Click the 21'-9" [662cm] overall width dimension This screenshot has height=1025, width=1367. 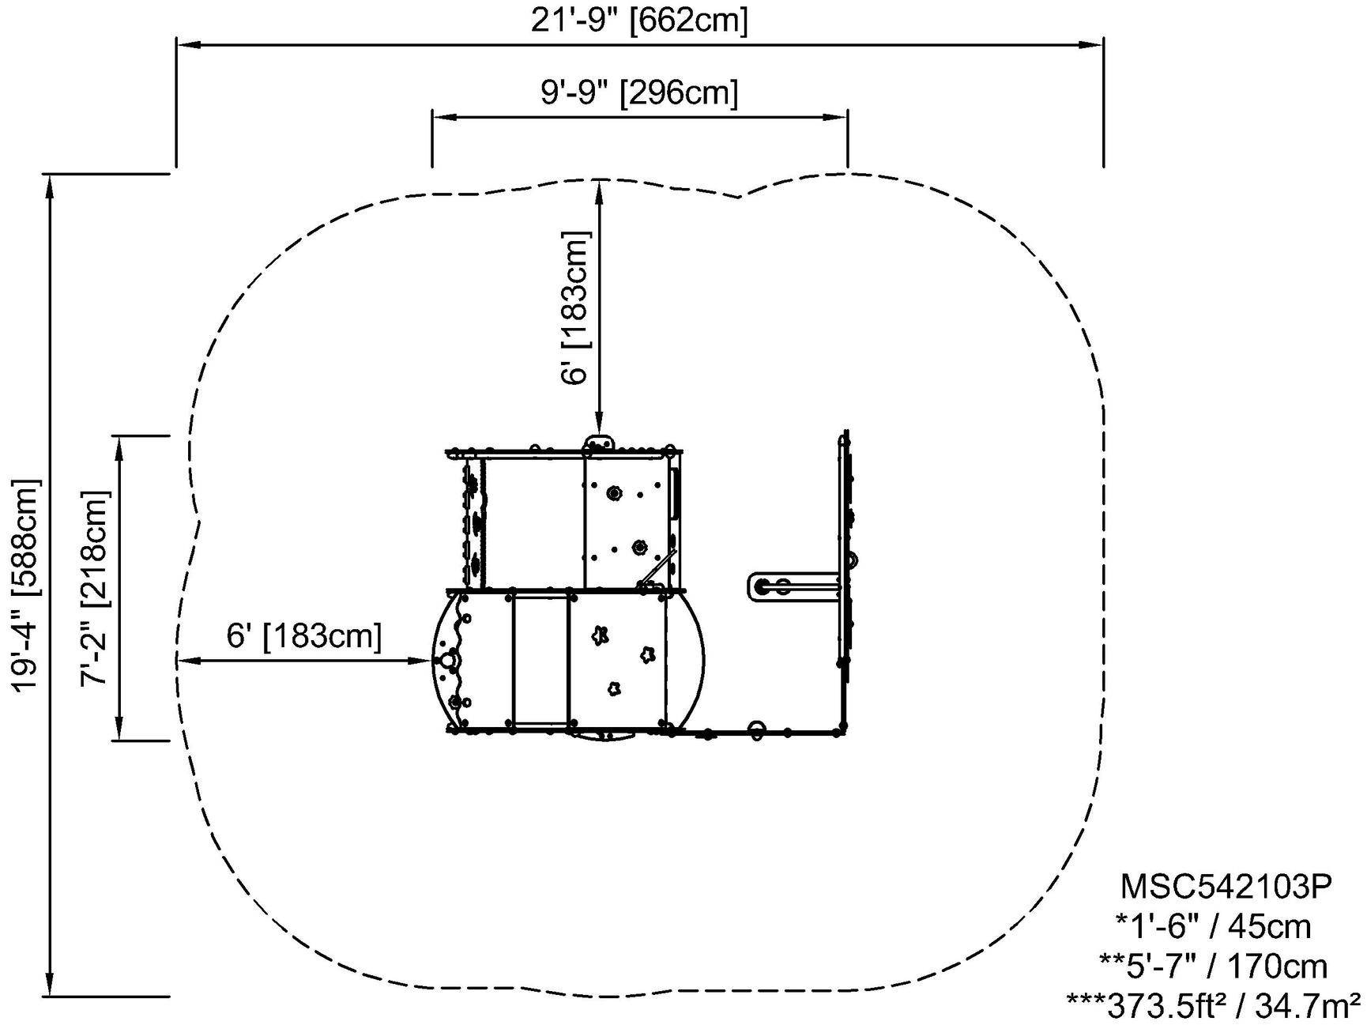point(638,20)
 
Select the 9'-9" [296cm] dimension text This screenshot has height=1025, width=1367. point(639,92)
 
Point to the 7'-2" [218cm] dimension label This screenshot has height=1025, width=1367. point(95,588)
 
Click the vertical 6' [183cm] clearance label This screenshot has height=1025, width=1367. point(575,308)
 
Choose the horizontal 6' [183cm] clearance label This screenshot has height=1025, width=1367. point(304,636)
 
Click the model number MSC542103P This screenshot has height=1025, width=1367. point(1226,887)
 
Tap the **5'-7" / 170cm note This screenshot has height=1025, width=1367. point(1213,966)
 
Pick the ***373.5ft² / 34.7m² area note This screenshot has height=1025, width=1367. point(1215,1005)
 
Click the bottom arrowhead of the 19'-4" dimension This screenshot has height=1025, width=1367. point(50,989)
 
